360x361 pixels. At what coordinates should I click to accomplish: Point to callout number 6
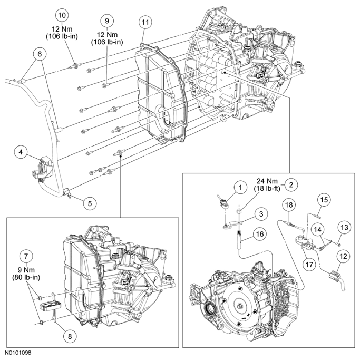tap(38, 54)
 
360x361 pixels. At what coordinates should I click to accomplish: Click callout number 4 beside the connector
tap(21, 152)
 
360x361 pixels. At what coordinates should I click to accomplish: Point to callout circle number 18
tap(289, 204)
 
